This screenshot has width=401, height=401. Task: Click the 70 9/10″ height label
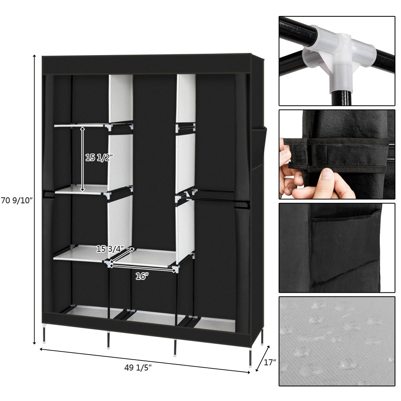point(16,200)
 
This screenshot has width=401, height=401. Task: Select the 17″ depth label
point(270,363)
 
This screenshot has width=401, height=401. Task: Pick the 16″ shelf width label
point(142,276)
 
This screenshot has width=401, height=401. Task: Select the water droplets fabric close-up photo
point(337,341)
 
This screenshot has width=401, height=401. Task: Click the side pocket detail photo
point(337,248)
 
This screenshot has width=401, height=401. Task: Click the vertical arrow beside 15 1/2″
point(83,159)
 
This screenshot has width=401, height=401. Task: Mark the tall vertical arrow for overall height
point(35,199)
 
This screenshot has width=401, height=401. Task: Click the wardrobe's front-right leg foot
point(250,363)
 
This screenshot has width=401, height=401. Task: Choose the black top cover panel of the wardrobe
point(146,64)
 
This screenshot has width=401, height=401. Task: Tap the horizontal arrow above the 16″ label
point(142,268)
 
